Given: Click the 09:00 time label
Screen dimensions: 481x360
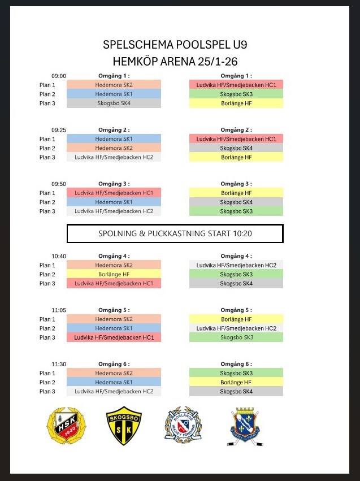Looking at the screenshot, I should click(x=59, y=76).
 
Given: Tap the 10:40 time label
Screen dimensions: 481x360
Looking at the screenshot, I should click(x=59, y=256).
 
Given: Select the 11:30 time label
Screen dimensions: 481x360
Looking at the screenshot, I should click(x=59, y=364).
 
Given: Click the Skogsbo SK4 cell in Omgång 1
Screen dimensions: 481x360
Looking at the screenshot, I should click(x=114, y=103).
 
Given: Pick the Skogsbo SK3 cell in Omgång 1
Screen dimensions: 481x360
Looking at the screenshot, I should click(x=236, y=94).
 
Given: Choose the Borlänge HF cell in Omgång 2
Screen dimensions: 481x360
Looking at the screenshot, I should click(x=236, y=157).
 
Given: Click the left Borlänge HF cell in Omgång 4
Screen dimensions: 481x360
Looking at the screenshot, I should click(x=114, y=274).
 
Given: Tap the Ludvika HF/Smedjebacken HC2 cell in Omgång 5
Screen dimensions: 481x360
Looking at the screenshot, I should click(x=236, y=328).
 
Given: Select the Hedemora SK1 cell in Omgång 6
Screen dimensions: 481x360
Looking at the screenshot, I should click(x=114, y=382).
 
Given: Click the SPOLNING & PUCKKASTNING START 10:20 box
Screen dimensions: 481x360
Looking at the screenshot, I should click(x=175, y=233).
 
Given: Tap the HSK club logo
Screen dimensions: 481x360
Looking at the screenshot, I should click(x=63, y=426).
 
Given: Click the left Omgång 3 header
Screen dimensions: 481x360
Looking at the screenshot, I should click(x=114, y=184).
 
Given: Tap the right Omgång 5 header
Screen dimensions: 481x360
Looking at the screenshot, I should click(x=236, y=310).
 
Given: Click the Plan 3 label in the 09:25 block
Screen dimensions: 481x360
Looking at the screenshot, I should click(x=47, y=157).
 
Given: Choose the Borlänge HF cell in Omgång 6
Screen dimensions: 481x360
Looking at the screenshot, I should click(x=236, y=382).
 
